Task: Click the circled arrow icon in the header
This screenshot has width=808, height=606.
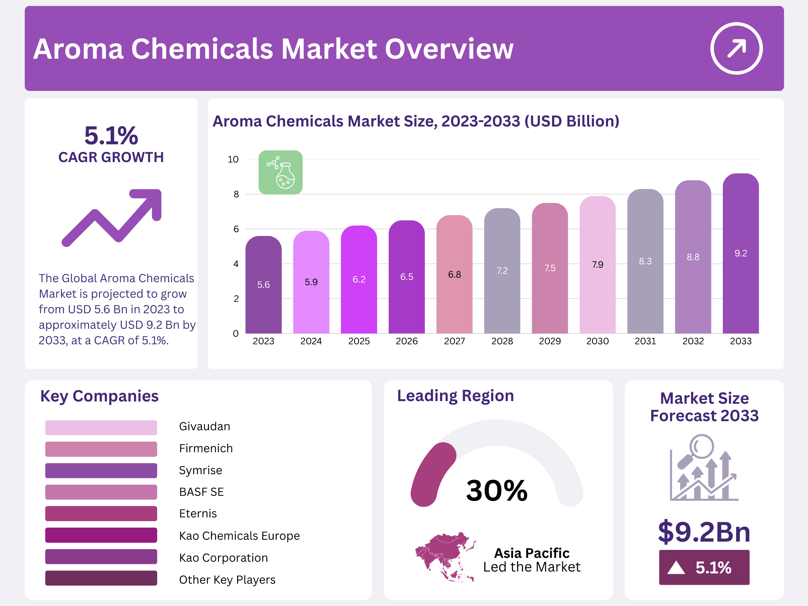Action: click(736, 48)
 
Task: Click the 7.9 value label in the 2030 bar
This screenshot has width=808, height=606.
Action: click(597, 265)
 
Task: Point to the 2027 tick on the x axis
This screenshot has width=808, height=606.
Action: click(454, 341)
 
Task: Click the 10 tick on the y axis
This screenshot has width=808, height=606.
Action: click(233, 159)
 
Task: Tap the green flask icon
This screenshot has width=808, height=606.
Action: click(281, 172)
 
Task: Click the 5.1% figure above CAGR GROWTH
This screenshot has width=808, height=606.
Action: click(111, 136)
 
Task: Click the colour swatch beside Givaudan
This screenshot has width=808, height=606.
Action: click(101, 428)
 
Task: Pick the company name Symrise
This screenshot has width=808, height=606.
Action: click(201, 470)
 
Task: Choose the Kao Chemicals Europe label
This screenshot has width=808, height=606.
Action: click(239, 536)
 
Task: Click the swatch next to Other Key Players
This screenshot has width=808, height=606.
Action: click(101, 578)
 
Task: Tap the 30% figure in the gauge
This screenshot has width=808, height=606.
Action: click(497, 491)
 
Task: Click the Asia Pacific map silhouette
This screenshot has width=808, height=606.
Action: click(445, 557)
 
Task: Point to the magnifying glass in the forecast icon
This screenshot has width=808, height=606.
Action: click(701, 447)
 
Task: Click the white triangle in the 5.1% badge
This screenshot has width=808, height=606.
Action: click(676, 568)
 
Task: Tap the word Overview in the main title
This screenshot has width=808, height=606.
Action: click(449, 49)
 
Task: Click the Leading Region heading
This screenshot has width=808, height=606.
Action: click(455, 396)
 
